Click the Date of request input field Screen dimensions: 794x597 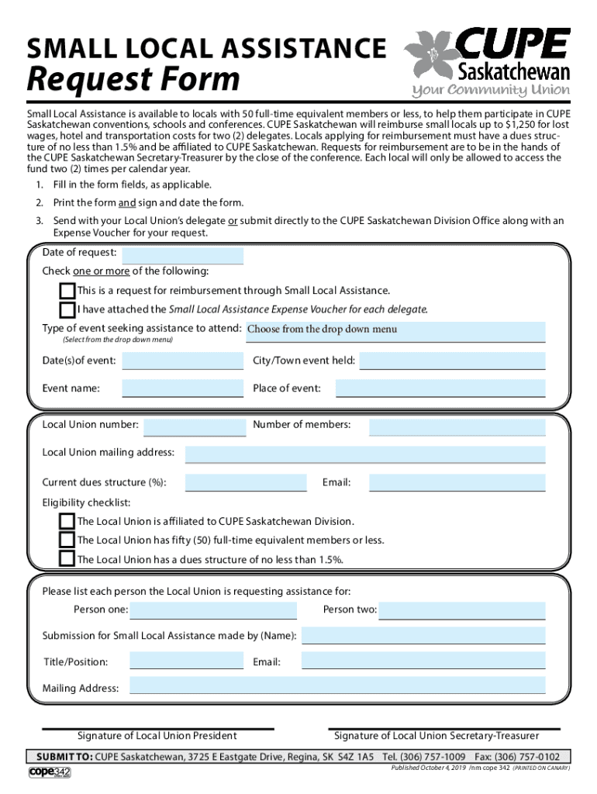click(182, 256)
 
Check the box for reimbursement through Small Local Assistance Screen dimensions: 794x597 click(67, 291)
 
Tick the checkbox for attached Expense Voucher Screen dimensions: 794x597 click(67, 309)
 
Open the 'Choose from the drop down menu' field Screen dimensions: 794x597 click(395, 331)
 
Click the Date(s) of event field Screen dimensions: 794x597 click(182, 361)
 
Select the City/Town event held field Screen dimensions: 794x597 click(452, 361)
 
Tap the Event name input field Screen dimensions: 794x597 click(182, 388)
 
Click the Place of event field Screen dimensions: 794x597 click(440, 388)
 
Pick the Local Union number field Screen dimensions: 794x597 click(195, 427)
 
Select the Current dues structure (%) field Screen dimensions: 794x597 click(246, 483)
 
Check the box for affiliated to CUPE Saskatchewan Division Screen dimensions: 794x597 click(67, 521)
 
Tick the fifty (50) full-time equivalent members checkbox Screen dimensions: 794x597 click(67, 540)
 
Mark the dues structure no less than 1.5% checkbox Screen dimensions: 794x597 click(67, 559)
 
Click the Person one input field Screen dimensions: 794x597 click(213, 610)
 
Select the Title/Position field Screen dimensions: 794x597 click(186, 661)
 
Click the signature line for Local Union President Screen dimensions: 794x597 click(157, 729)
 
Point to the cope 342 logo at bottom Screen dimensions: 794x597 click(50, 772)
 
